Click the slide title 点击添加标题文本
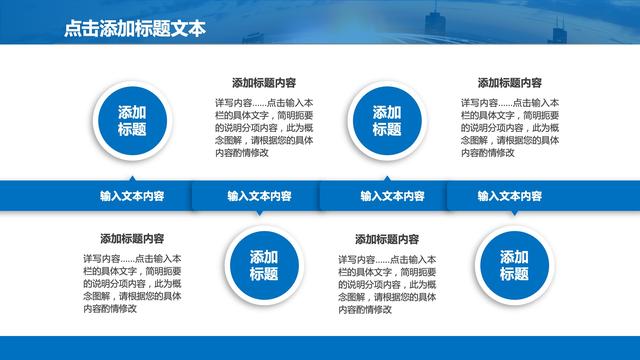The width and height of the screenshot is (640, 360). [x=135, y=29]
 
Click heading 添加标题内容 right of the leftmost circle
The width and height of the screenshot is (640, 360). [x=264, y=83]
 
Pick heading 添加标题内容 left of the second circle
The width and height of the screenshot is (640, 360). [x=132, y=239]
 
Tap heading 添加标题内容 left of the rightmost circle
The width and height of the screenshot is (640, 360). [x=387, y=239]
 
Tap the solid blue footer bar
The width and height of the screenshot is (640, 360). [x=320, y=348]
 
